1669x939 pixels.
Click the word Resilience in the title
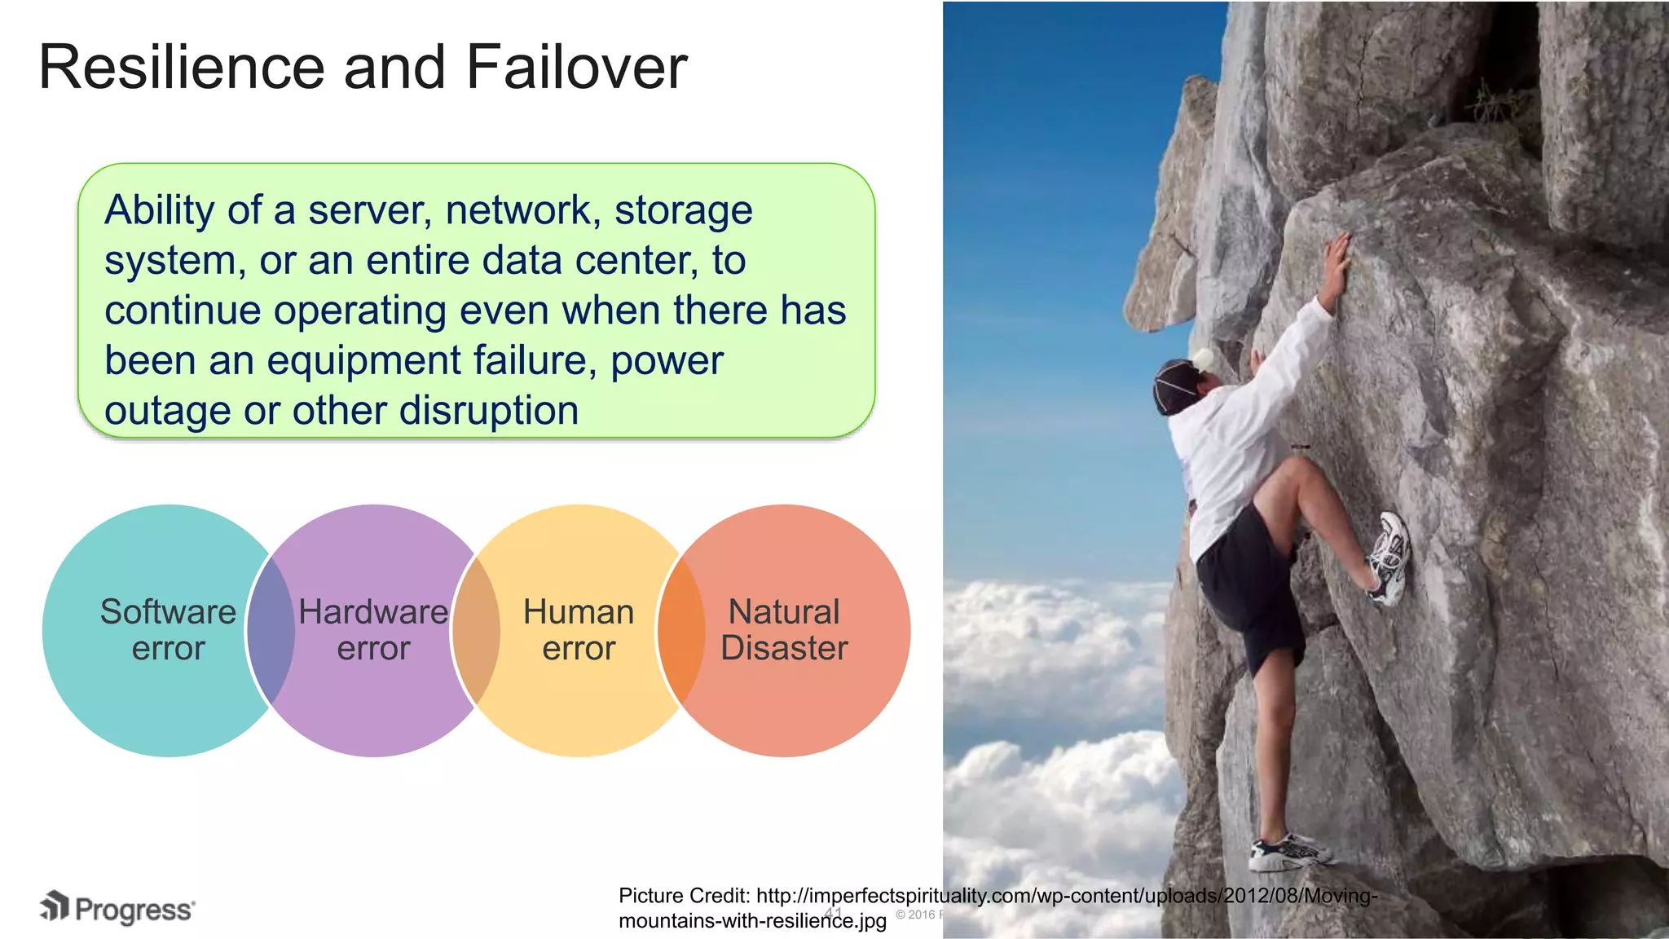tap(182, 67)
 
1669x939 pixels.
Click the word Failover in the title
tap(576, 67)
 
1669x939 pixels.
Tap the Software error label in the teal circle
tap(168, 630)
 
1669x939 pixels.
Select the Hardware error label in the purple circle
tap(373, 630)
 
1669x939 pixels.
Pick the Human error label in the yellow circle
tap(579, 630)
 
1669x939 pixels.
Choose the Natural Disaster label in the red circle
tap(784, 630)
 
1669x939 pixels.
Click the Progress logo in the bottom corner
tap(118, 908)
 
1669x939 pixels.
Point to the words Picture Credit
tap(683, 896)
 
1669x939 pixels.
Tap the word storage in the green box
tap(683, 210)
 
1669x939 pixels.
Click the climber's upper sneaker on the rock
tap(1390, 558)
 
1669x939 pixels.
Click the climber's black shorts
tap(1247, 587)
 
